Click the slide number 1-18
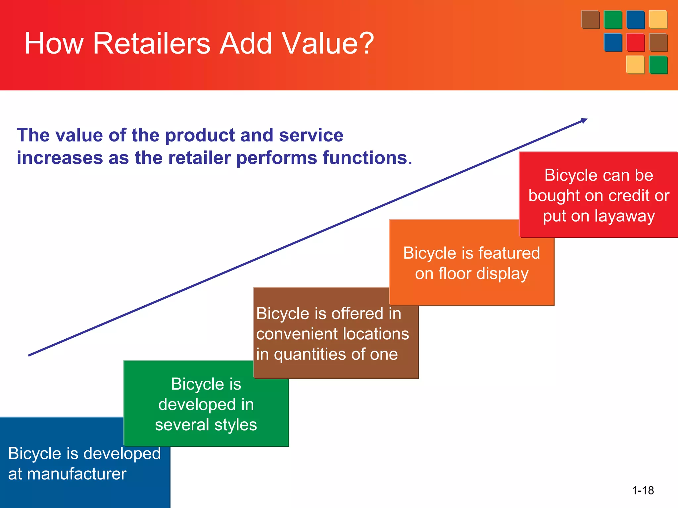(643, 490)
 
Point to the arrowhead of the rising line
(584, 120)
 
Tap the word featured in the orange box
(509, 253)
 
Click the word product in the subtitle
(200, 136)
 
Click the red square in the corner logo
(635, 42)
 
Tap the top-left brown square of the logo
(590, 20)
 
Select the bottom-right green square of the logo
(658, 64)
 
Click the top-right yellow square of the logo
(657, 20)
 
